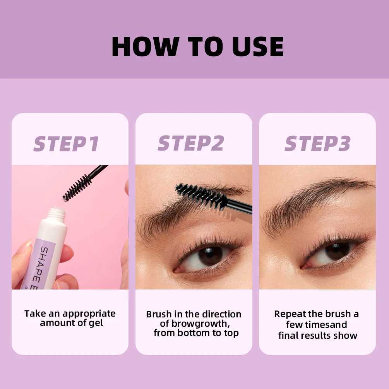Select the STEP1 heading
coord(66,144)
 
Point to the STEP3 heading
coord(317,144)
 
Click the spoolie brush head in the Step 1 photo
coord(77,187)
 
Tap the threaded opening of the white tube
coord(56,212)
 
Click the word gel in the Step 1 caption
coord(95,323)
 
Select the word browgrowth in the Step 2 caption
coord(198,324)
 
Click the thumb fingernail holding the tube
coord(19,248)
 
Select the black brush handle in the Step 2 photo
coord(241,206)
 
